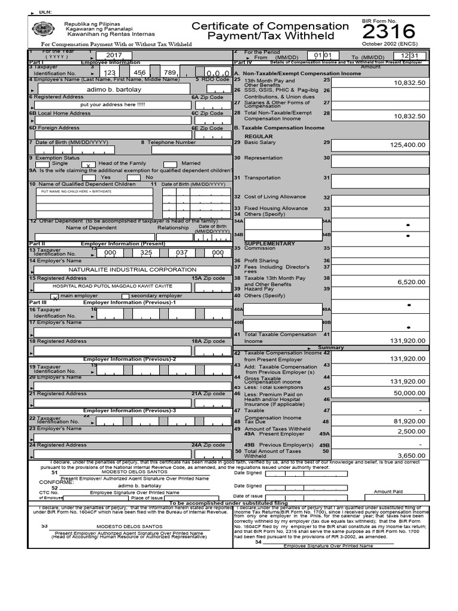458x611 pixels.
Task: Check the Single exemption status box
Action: (x=43, y=164)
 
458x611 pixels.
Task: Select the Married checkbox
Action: (x=170, y=164)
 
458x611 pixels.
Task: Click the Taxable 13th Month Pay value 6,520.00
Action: (x=411, y=282)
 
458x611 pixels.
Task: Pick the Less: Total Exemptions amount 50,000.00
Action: (x=409, y=393)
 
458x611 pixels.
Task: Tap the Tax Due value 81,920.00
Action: (x=409, y=421)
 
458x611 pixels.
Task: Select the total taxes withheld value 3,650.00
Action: (x=411, y=455)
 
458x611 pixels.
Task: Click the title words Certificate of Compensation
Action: (x=270, y=26)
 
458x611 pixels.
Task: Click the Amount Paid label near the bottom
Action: (x=388, y=492)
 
